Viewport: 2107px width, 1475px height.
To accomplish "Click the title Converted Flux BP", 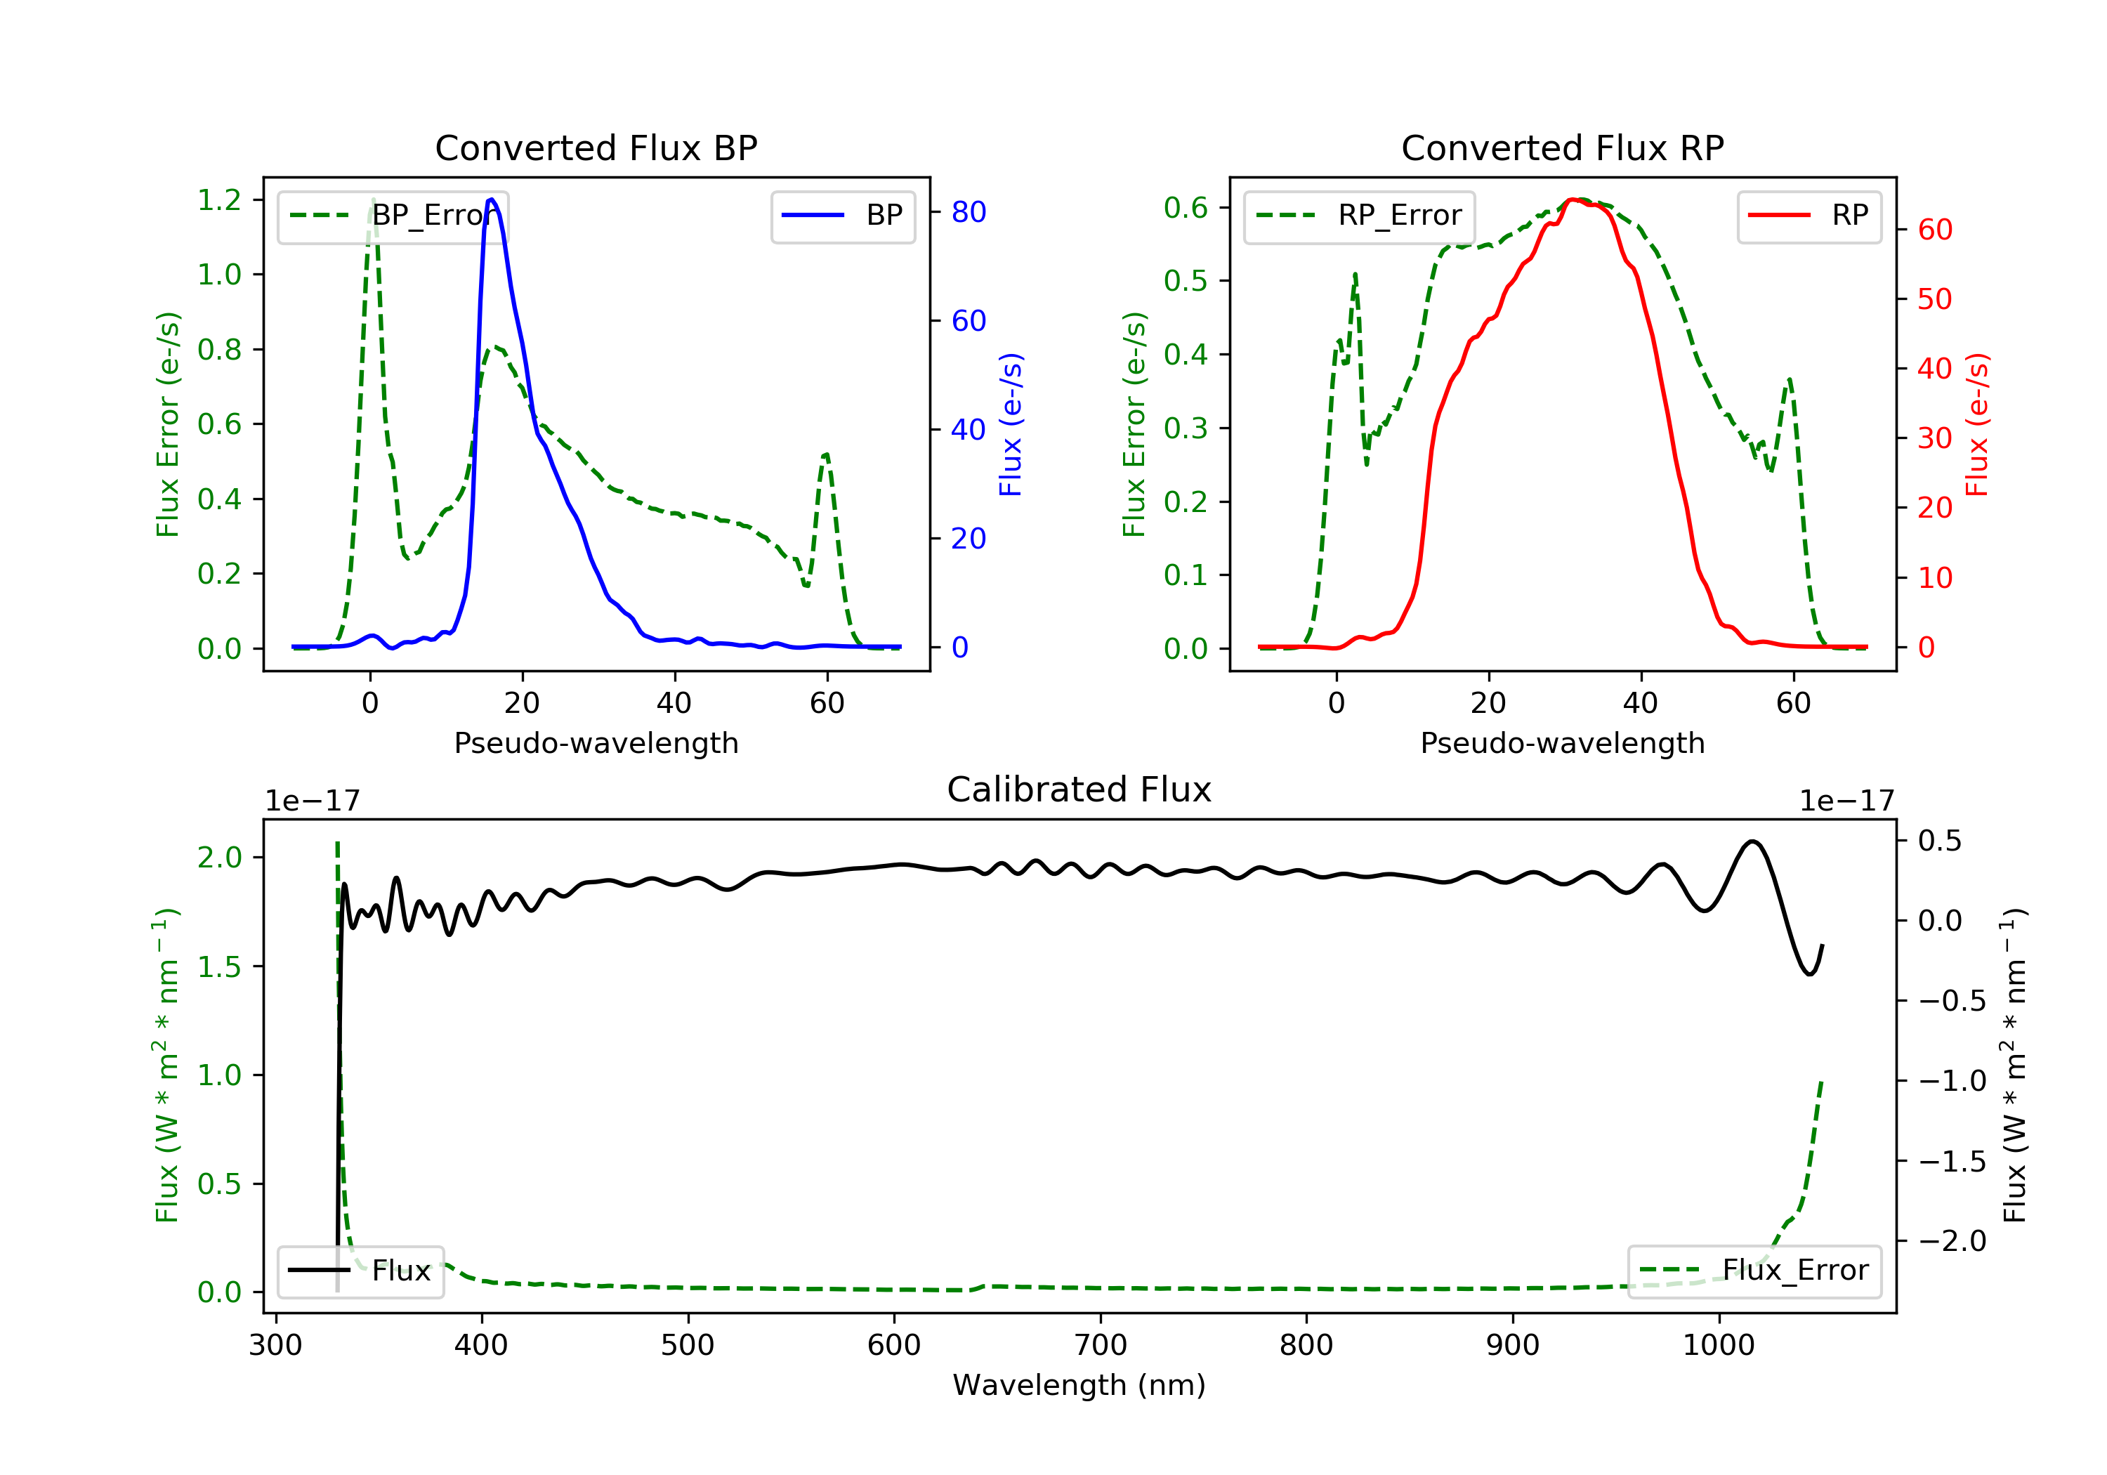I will click(x=596, y=147).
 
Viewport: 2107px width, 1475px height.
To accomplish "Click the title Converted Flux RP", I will click(x=1562, y=147).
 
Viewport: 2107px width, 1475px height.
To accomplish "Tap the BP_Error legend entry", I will click(x=393, y=216).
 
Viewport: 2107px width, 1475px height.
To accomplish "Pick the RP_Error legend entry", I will click(x=1359, y=216).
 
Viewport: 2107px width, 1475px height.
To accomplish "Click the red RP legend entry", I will click(x=1809, y=216).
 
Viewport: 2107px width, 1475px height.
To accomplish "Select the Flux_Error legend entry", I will click(x=1754, y=1271).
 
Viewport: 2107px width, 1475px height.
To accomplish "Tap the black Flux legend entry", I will click(x=361, y=1271).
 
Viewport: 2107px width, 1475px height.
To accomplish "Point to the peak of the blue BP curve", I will click(x=492, y=199).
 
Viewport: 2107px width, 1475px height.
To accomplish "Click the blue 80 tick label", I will click(x=968, y=212).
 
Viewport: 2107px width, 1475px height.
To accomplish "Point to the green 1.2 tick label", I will click(x=219, y=199).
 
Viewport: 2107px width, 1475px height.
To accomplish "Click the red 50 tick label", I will click(x=1934, y=299).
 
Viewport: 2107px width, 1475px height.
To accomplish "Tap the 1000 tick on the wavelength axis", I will click(x=1718, y=1346).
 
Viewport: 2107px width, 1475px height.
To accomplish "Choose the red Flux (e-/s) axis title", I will click(x=1976, y=424).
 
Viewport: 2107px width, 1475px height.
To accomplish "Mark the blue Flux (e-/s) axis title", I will click(x=1011, y=424).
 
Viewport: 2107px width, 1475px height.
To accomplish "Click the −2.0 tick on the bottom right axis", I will click(x=1939, y=1241).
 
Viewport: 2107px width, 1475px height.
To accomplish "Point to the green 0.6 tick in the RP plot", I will click(x=1186, y=207).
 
